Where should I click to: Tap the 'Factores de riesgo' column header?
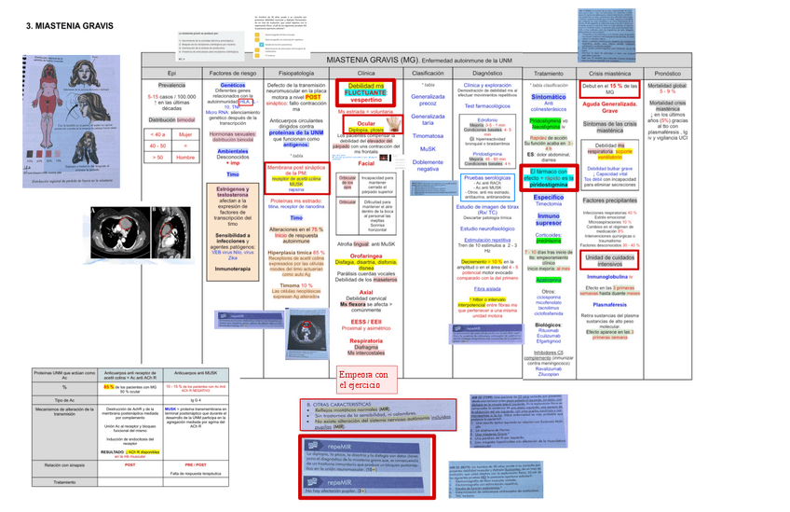pyautogui.click(x=233, y=72)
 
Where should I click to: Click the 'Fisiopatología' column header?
pyautogui.click(x=295, y=72)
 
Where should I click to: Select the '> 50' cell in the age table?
pyautogui.click(x=157, y=157)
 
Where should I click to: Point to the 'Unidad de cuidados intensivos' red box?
pyautogui.click(x=609, y=259)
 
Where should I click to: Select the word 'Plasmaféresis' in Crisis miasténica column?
pyautogui.click(x=609, y=304)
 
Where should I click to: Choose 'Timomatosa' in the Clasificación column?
pyautogui.click(x=428, y=135)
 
